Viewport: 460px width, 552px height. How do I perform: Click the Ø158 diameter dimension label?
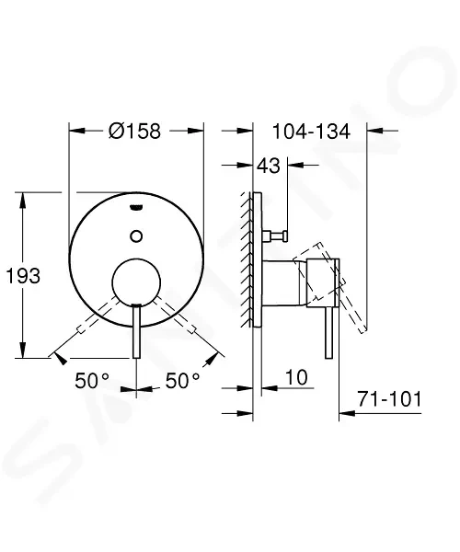pyautogui.click(x=135, y=131)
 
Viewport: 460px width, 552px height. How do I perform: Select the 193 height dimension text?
pyautogui.click(x=23, y=276)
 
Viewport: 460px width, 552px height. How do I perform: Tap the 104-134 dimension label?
pyautogui.click(x=311, y=132)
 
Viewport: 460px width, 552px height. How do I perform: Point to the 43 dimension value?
pyautogui.click(x=269, y=166)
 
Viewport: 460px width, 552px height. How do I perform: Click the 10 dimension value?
pyautogui.click(x=296, y=377)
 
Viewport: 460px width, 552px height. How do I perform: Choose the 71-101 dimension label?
pyautogui.click(x=389, y=399)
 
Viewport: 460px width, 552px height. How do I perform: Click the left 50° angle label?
pyautogui.click(x=92, y=381)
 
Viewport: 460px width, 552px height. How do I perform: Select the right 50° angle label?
pyautogui.click(x=183, y=381)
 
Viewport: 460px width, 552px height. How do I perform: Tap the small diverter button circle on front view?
pyautogui.click(x=136, y=236)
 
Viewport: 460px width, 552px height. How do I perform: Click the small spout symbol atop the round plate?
pyautogui.click(x=136, y=207)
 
